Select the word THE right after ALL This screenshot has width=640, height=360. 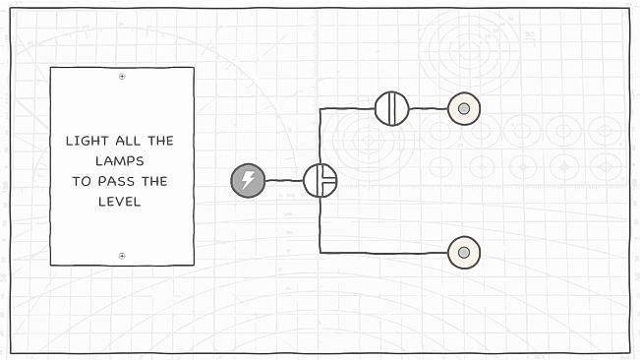click(157, 141)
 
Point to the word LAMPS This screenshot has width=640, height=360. click(122, 160)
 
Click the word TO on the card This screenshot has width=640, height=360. click(81, 181)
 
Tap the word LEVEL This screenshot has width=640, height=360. click(122, 202)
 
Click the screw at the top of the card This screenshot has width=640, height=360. click(122, 76)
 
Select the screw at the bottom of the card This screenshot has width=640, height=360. click(122, 256)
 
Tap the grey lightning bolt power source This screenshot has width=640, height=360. click(248, 180)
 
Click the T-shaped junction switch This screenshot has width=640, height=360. click(320, 180)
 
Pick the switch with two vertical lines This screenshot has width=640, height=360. click(391, 108)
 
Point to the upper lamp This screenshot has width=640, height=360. click(463, 108)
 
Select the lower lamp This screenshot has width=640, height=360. click(463, 254)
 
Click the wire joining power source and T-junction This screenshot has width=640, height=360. click(284, 180)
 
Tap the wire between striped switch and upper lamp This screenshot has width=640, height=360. click(428, 108)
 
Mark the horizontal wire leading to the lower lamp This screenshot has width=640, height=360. click(383, 253)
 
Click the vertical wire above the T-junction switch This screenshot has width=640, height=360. click(320, 138)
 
